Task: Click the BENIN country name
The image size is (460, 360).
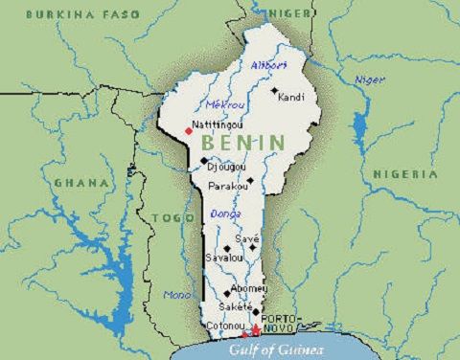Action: (x=242, y=142)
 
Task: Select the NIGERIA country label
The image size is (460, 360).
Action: (x=405, y=174)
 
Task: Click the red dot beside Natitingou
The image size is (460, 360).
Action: (x=188, y=131)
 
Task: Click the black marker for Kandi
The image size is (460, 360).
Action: (x=274, y=93)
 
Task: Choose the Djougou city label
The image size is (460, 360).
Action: (x=226, y=167)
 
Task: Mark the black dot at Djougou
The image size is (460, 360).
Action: (x=204, y=161)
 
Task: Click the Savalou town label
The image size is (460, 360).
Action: (x=222, y=259)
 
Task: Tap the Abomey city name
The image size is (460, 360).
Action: (x=249, y=287)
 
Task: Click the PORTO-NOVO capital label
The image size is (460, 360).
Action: (x=282, y=324)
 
